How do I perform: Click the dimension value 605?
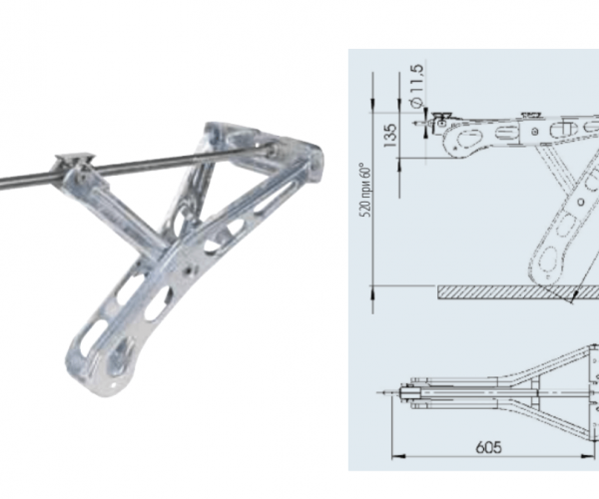pyautogui.click(x=488, y=447)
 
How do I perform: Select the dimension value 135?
pyautogui.click(x=390, y=136)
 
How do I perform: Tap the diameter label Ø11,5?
pyautogui.click(x=416, y=86)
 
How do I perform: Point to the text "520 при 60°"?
pyautogui.click(x=366, y=191)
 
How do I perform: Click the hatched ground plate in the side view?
pyautogui.click(x=518, y=292)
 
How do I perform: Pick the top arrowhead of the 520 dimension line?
pyautogui.click(x=372, y=106)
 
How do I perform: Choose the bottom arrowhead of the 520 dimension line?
pyautogui.click(x=372, y=292)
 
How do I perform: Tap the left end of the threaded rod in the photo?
pyautogui.click(x=2, y=185)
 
